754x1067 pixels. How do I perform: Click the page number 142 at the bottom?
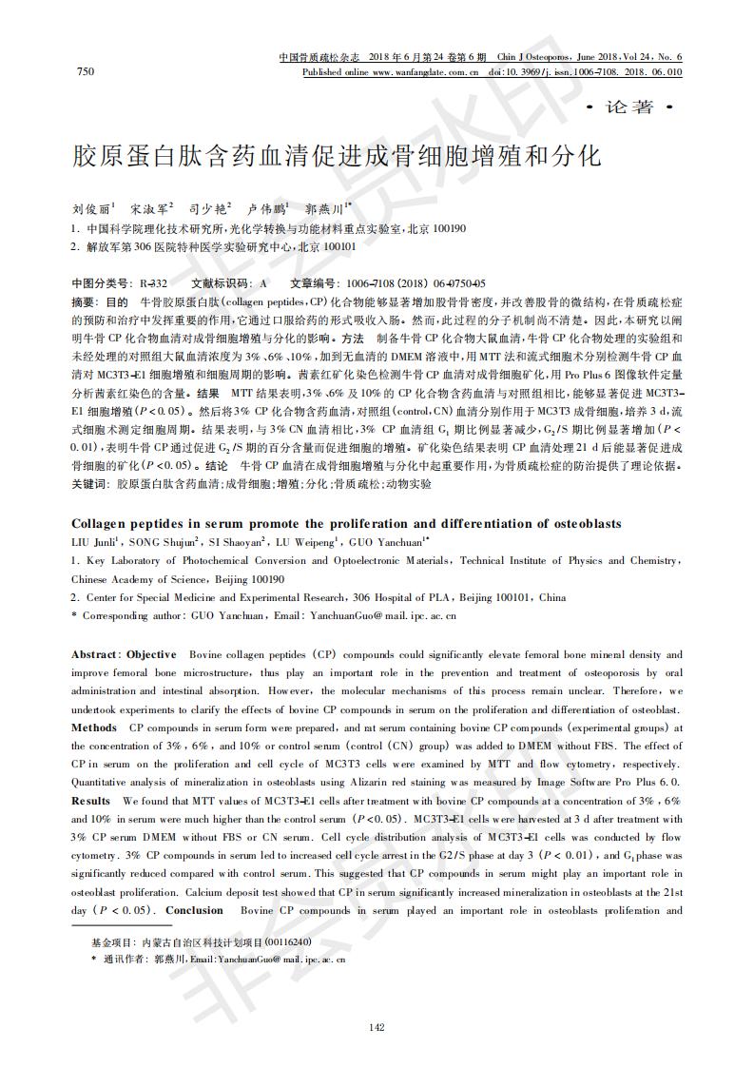coord(377,1025)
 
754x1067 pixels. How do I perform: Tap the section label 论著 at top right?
coord(630,107)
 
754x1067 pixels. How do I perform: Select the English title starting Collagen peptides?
coord(346,524)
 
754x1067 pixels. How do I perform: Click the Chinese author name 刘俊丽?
coord(92,207)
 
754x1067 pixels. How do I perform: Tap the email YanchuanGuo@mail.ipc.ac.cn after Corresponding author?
coord(378,615)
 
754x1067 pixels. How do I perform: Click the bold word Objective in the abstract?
coord(151,654)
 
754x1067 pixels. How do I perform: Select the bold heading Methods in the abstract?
coord(94,727)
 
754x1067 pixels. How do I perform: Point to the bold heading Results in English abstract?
coord(90,801)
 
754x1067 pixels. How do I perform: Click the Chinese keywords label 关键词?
coord(88,484)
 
